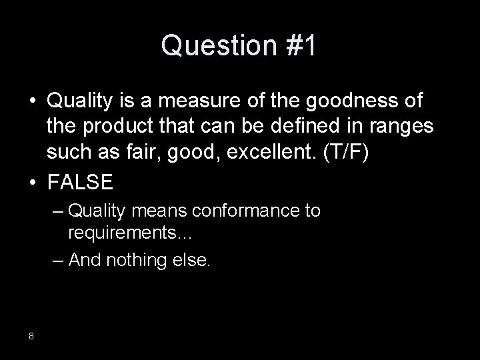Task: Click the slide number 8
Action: point(31,335)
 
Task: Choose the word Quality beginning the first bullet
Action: point(76,101)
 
